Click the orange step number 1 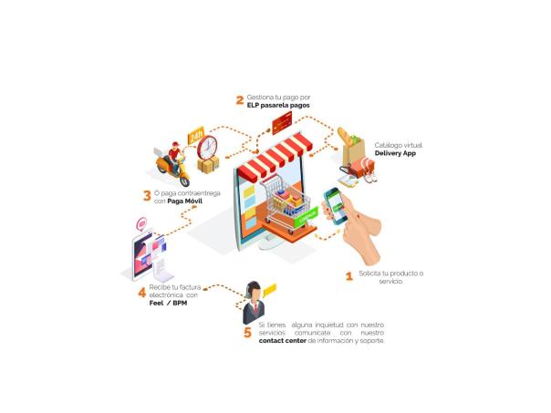pyautogui.click(x=348, y=274)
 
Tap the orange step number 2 pyautogui.click(x=239, y=100)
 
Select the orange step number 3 pyautogui.click(x=146, y=194)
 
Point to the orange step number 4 pyautogui.click(x=141, y=292)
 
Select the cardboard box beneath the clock pyautogui.click(x=209, y=168)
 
